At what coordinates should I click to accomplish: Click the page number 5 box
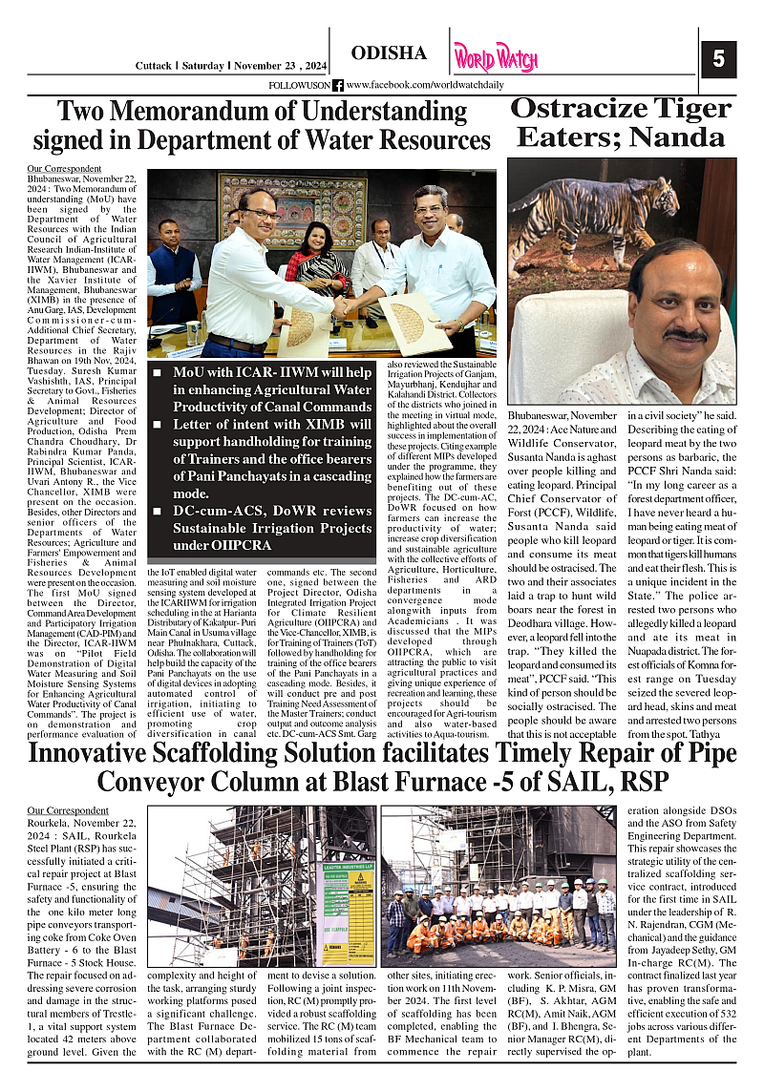pos(718,59)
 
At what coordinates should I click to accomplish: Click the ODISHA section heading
pos(389,53)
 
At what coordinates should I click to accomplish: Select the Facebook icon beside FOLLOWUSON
pos(337,86)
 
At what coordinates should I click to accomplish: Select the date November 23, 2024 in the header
pos(279,65)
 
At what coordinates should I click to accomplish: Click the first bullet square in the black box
pos(157,371)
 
